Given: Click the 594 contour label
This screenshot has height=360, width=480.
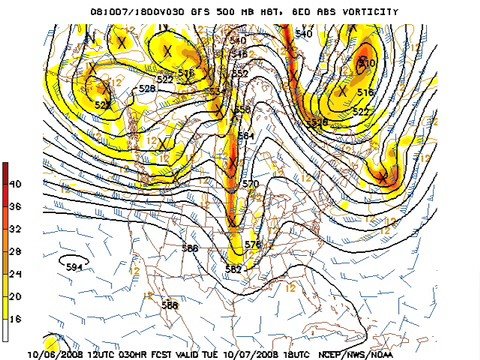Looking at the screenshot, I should click(74, 266).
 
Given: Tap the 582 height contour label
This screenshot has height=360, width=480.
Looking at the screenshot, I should click(233, 269).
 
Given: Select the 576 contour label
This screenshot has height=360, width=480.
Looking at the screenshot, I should click(252, 245).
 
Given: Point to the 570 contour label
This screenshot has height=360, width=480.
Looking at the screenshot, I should click(250, 185).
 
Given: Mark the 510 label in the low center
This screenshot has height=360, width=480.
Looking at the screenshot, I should click(366, 63).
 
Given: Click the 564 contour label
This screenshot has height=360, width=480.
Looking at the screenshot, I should click(244, 136).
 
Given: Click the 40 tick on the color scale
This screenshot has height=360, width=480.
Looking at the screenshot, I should click(15, 184).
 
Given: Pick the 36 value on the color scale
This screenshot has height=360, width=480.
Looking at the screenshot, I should click(15, 206).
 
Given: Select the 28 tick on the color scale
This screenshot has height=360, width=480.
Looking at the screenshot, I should click(15, 251).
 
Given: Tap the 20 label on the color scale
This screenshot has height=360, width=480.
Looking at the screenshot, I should click(15, 296).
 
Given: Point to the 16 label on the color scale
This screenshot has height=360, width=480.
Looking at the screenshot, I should click(15, 318).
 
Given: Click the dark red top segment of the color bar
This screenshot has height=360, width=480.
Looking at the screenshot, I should click(5, 172).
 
